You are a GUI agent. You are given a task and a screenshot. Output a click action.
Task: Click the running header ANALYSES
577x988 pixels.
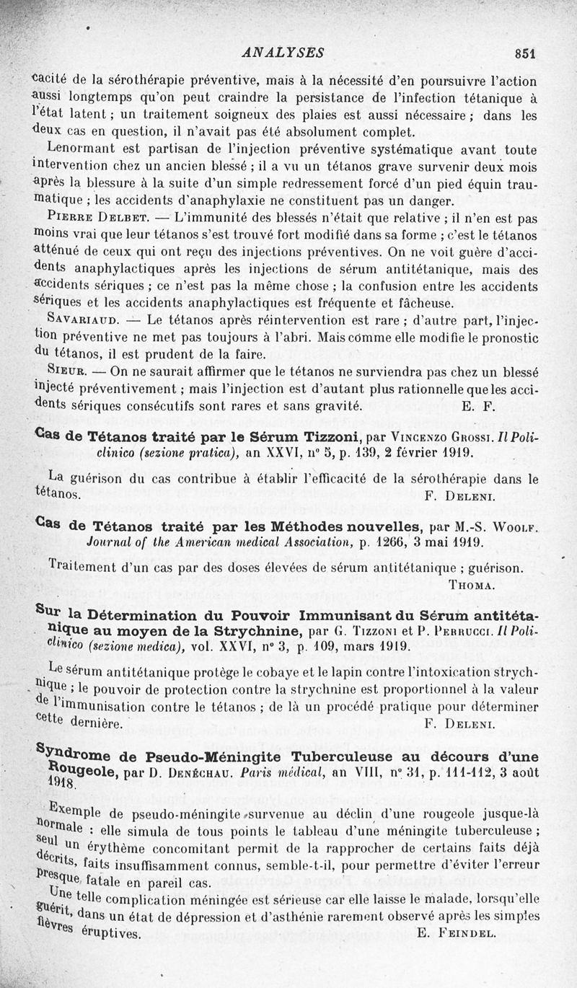coord(283,53)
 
